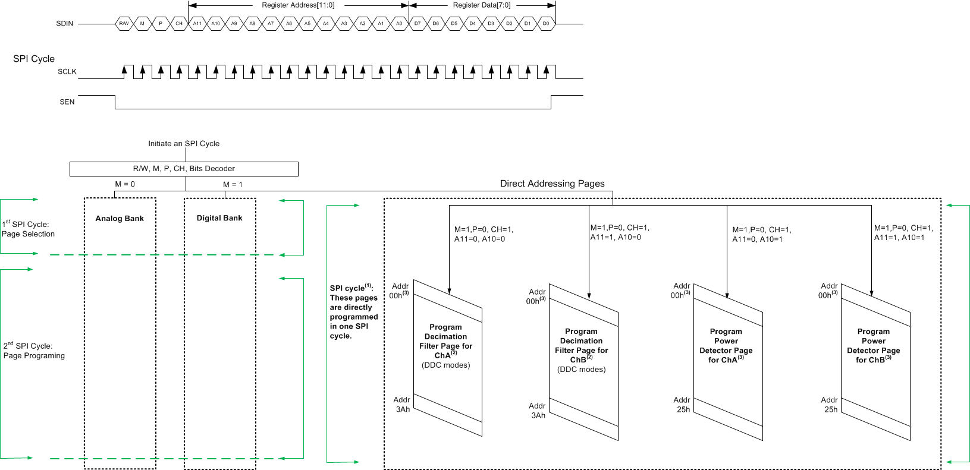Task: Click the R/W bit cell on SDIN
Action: coord(124,24)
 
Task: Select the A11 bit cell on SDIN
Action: coord(197,24)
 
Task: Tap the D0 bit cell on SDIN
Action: coord(546,24)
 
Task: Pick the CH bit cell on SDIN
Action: coord(179,24)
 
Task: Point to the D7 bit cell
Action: coord(417,24)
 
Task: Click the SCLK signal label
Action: coord(67,72)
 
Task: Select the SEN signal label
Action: coord(67,102)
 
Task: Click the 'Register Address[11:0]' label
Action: coord(298,5)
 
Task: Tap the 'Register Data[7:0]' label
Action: coord(482,5)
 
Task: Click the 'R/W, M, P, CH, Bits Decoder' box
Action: coord(184,169)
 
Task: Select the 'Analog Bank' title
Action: coord(120,219)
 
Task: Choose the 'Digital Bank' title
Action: coord(219,218)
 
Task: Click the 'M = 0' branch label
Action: coord(125,184)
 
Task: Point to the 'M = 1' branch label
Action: coord(233,185)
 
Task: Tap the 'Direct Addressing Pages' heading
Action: coord(552,184)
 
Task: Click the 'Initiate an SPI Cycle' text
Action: coord(184,144)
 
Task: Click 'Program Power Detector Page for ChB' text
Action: coord(873,346)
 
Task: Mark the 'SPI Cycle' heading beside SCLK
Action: coord(34,59)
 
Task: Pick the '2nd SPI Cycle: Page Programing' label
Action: coord(34,351)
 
